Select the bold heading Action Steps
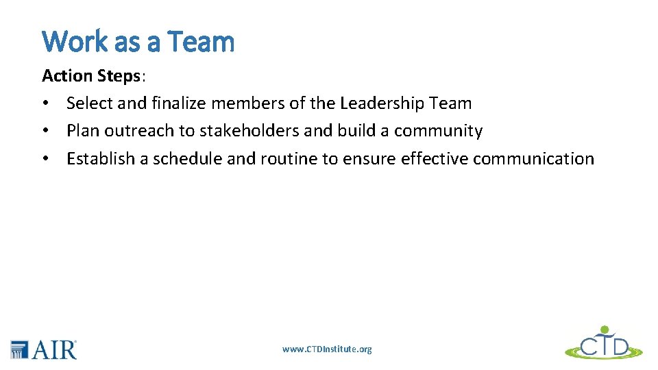90,75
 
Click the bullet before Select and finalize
45,103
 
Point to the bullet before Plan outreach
45,131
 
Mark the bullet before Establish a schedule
45,158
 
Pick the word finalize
179,103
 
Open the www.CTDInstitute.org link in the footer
327,349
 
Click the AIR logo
44,349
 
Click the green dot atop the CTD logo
605,329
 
